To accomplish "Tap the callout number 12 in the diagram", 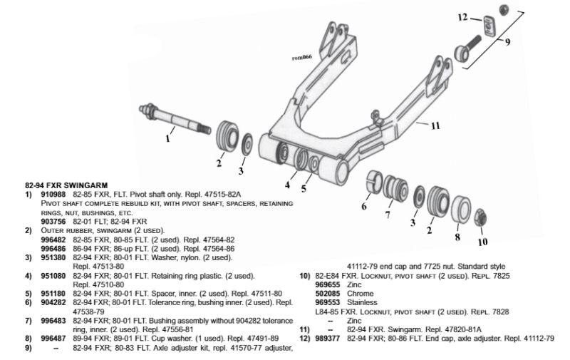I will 462,17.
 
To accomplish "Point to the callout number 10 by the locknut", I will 483,242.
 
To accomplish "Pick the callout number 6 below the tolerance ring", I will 364,206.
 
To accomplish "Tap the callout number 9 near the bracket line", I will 508,42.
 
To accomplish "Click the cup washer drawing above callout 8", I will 460,207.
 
